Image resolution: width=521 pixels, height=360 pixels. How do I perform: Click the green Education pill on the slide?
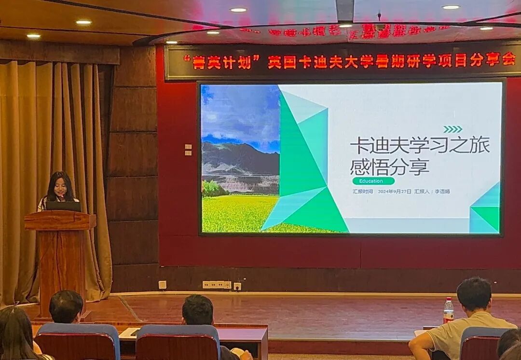pos(373,181)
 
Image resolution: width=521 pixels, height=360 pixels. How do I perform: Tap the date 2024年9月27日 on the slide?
pos(395,192)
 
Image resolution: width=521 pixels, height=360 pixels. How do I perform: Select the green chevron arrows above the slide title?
pos(452,129)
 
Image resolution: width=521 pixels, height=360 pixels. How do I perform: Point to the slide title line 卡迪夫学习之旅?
pos(419,145)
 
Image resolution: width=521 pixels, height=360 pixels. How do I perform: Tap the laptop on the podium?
pos(63,206)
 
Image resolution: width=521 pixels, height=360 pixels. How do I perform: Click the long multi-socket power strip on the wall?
pos(217,285)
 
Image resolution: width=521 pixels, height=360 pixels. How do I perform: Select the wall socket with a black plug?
pos(237,286)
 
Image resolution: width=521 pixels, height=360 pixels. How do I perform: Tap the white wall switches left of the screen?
pos(188,150)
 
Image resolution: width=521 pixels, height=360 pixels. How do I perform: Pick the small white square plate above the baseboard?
pos(163,285)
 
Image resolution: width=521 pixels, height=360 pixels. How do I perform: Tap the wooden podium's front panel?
pos(61,265)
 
